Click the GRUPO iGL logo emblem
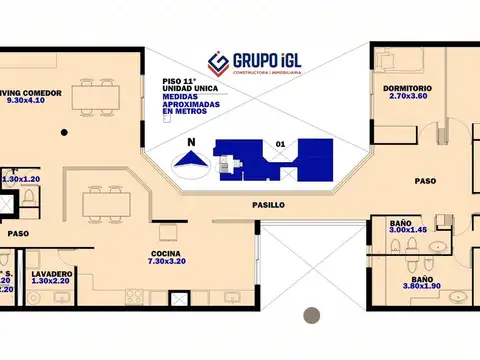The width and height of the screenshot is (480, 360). (x=218, y=63)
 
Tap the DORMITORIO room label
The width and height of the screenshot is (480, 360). (x=405, y=89)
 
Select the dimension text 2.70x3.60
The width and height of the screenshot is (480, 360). (x=406, y=98)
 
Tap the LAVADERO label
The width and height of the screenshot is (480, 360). (x=50, y=273)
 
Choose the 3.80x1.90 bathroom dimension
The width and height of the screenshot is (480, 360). (x=422, y=288)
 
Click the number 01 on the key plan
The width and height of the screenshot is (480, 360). (x=280, y=144)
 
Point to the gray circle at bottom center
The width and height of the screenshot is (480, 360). (x=310, y=314)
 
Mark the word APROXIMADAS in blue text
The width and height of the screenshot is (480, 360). (x=187, y=103)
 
